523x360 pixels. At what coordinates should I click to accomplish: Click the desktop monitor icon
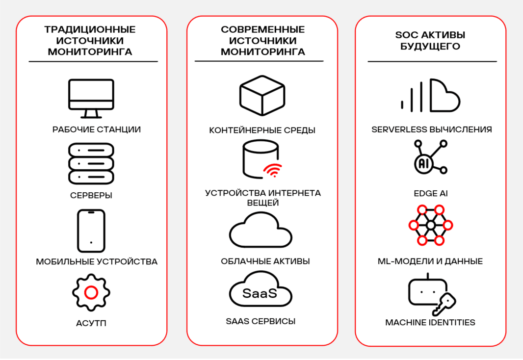(x=91, y=98)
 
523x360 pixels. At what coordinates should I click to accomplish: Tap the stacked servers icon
(x=91, y=163)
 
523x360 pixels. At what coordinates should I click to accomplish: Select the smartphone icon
(x=91, y=231)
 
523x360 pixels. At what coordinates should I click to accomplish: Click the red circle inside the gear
(x=91, y=293)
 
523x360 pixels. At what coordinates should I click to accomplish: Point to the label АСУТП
(x=91, y=323)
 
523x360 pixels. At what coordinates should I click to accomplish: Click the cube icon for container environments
(x=262, y=96)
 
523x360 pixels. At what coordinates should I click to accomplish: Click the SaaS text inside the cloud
(x=260, y=293)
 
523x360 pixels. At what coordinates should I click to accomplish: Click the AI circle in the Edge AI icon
(x=423, y=163)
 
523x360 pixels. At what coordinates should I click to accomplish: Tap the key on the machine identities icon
(x=444, y=304)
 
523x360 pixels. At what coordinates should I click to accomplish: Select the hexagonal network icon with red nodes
(x=430, y=225)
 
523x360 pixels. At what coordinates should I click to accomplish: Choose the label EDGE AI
(x=431, y=194)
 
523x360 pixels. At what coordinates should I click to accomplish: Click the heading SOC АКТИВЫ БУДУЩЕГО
(x=430, y=41)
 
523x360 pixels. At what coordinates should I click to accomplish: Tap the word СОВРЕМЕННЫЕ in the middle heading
(x=262, y=29)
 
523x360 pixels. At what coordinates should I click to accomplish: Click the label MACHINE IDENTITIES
(x=430, y=322)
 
